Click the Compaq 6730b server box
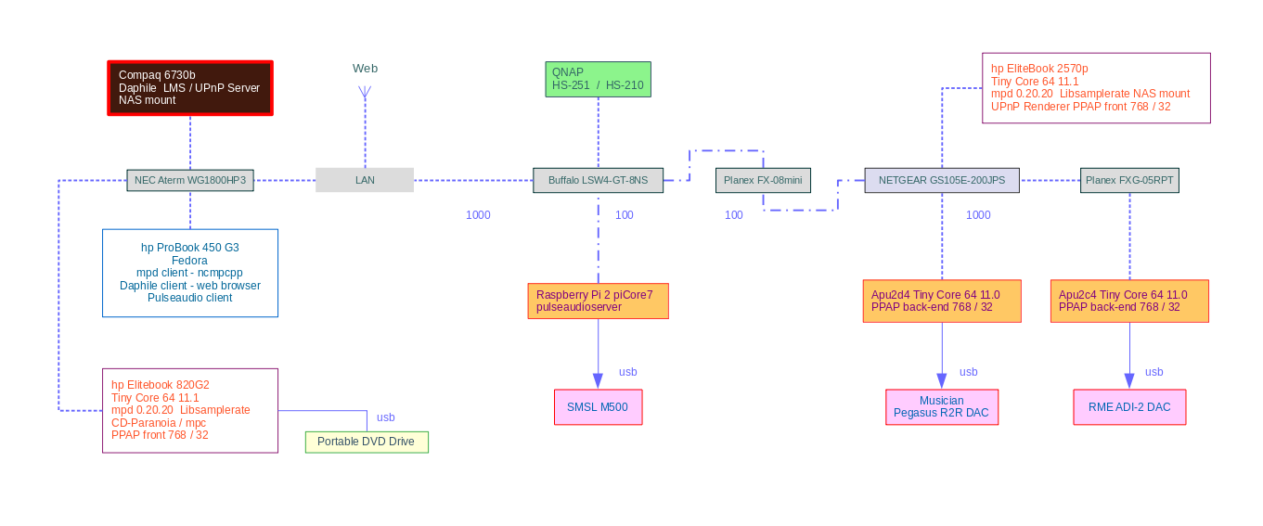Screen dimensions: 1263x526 pos(190,88)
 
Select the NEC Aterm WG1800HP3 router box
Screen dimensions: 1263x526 pos(190,180)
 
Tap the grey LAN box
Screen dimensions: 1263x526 pos(365,180)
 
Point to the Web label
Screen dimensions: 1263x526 pos(365,69)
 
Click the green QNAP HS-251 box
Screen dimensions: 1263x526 pos(598,80)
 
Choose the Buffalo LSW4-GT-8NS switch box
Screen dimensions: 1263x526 pos(598,180)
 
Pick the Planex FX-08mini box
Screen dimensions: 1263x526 pos(763,180)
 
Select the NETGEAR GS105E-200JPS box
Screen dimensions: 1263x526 pos(942,180)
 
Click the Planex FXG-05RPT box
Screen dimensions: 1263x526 pos(1129,180)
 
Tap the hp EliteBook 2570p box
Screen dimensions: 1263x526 pos(1096,88)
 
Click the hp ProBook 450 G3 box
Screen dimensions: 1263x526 pos(190,273)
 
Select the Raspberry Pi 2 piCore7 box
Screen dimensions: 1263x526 pos(599,301)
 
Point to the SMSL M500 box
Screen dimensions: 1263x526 pos(599,407)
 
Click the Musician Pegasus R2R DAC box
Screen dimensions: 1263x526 pos(942,407)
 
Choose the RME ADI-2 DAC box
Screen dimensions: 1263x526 pos(1129,407)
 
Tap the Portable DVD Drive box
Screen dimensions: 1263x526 pos(367,442)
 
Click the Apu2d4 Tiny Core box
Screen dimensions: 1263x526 pos(942,301)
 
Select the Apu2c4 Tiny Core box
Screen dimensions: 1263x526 pos(1129,301)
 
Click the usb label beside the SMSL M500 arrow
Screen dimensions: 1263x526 pos(627,372)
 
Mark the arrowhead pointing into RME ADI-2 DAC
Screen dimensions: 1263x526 pos(1129,381)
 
